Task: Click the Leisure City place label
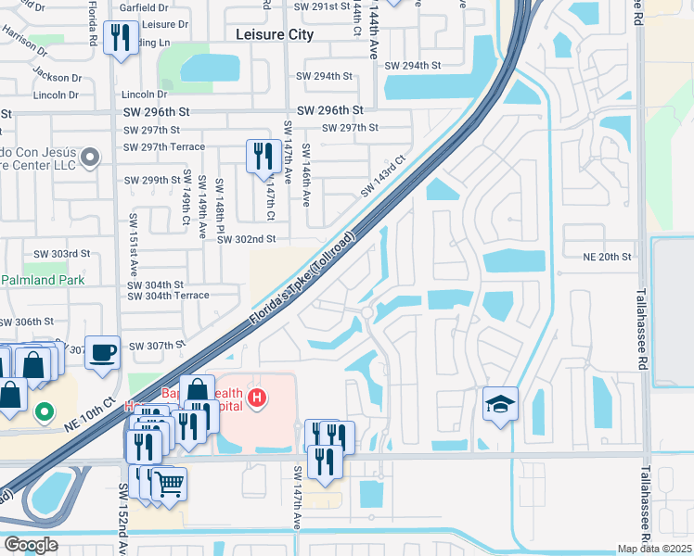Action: pos(275,34)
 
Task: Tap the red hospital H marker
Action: pos(259,399)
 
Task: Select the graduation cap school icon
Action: pos(500,404)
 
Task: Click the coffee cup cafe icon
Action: pos(102,352)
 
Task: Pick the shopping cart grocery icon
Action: pos(169,484)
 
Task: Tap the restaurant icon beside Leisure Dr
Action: pos(121,38)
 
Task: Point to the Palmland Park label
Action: pos(43,280)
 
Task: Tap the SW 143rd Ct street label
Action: pos(383,175)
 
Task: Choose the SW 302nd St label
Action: pos(247,239)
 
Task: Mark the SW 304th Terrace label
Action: pos(168,296)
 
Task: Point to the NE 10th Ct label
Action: pos(90,411)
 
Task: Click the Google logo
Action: pos(31,544)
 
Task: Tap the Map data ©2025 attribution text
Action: pos(653,549)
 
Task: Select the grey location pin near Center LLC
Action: pos(89,158)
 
